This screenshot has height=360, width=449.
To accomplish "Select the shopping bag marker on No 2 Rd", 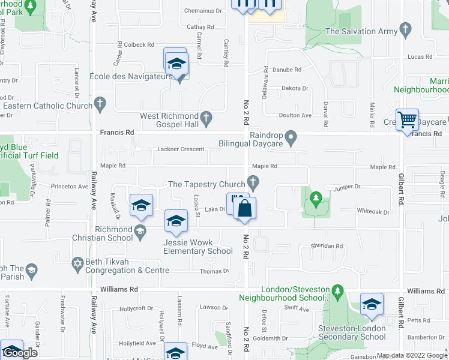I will click(x=244, y=209).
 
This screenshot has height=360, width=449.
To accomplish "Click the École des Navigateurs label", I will click(x=131, y=76).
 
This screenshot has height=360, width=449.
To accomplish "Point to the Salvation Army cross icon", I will click(x=406, y=28).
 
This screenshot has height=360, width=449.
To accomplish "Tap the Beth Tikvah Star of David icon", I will click(x=77, y=263).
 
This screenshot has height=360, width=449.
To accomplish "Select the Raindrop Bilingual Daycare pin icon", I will click(x=291, y=139).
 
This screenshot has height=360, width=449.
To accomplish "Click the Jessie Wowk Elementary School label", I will click(x=197, y=247).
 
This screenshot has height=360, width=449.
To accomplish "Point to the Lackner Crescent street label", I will click(x=181, y=149).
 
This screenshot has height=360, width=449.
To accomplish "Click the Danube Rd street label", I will click(x=287, y=70).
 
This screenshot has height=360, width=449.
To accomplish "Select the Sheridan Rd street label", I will click(x=326, y=246).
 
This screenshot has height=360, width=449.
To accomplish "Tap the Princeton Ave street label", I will click(x=69, y=187).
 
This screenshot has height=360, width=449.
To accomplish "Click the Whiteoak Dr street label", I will click(x=373, y=212).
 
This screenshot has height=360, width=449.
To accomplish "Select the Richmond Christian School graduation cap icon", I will click(x=140, y=231).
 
